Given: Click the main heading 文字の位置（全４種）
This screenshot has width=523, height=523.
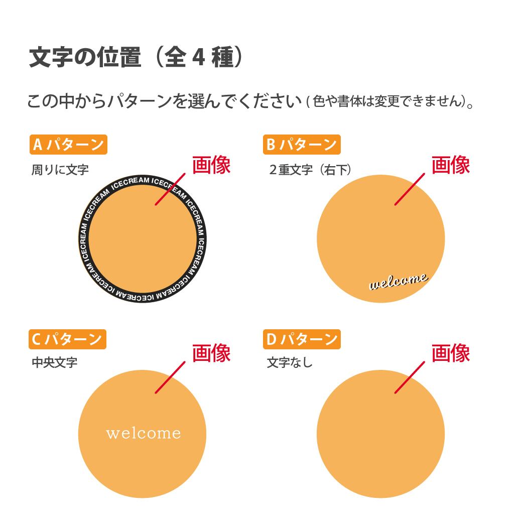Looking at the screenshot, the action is (x=137, y=58).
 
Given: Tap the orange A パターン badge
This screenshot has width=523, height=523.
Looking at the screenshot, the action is (x=68, y=145).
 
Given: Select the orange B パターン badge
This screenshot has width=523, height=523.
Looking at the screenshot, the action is (x=302, y=145).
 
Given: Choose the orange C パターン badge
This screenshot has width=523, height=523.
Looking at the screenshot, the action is (x=67, y=339).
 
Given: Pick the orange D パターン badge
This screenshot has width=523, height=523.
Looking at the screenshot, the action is (x=302, y=339).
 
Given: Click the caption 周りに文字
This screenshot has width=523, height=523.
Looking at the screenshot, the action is (x=60, y=170).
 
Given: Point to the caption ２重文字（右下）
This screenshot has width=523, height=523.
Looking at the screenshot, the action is (x=310, y=170).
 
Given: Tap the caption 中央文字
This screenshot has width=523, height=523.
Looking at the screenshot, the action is (x=55, y=362).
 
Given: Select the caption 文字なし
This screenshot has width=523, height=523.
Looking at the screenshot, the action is (x=290, y=362).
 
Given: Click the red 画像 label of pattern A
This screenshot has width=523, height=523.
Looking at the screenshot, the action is (x=211, y=165).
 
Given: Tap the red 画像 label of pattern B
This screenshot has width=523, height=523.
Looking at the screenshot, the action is (x=451, y=165).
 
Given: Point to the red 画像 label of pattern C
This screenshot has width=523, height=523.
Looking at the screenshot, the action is (x=211, y=353).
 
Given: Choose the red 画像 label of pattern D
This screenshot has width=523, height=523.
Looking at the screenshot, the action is (x=451, y=353).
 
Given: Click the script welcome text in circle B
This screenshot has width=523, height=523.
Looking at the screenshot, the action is (x=399, y=282).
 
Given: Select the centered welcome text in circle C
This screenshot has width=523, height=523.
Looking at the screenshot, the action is (x=143, y=433).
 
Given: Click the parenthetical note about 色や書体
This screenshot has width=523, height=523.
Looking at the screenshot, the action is (x=390, y=101).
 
